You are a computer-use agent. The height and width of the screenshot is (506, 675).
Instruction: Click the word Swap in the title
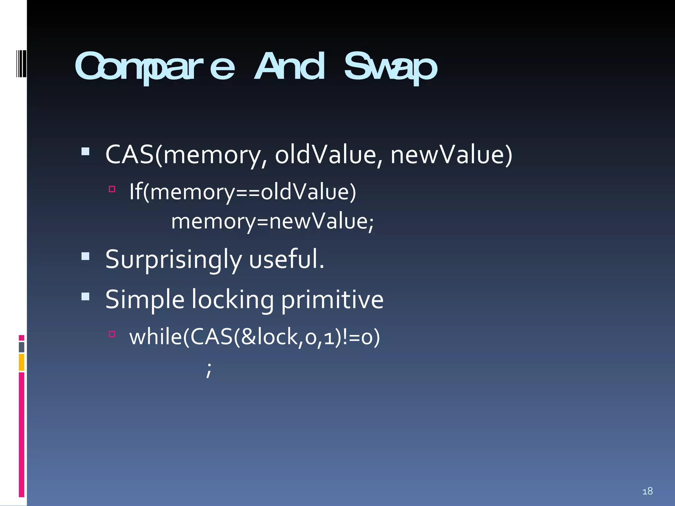(391, 68)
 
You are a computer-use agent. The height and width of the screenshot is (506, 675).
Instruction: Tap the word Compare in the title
(155, 68)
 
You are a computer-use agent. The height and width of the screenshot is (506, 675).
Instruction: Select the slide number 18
(647, 491)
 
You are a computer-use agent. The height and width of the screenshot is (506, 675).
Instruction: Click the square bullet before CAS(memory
(85, 152)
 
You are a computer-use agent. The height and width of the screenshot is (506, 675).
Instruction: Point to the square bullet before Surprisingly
(85, 256)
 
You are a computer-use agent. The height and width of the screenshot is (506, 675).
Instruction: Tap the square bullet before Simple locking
(85, 296)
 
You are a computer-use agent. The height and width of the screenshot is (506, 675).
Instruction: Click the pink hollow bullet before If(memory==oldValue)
(112, 189)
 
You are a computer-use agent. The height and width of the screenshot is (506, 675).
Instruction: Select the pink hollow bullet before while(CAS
(112, 334)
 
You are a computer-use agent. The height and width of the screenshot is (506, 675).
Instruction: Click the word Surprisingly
(173, 260)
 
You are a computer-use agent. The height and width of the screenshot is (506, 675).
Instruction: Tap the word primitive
(332, 300)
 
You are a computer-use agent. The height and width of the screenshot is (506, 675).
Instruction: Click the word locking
(232, 300)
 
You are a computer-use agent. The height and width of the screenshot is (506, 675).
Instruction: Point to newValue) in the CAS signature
(451, 155)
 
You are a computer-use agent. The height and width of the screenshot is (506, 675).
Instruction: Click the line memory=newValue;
(272, 221)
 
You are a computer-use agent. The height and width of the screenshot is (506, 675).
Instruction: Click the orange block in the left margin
(21, 362)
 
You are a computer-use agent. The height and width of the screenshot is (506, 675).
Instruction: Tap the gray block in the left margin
(21, 347)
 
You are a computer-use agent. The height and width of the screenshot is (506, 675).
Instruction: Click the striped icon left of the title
(21, 64)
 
